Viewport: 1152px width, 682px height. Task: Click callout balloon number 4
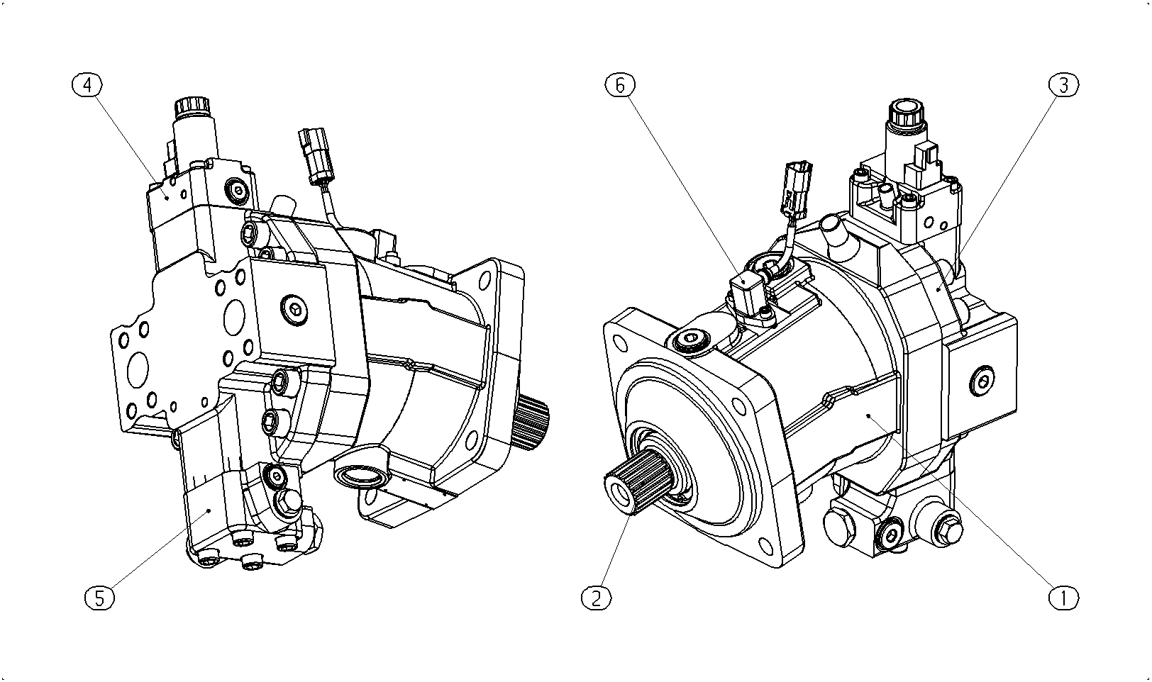tap(87, 85)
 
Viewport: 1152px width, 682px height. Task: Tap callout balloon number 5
tap(100, 598)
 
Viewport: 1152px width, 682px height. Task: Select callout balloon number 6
tap(620, 85)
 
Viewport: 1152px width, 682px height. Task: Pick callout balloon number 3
tap(1063, 85)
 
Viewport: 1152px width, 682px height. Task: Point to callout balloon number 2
tap(596, 598)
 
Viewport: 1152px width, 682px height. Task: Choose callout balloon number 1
tap(1063, 598)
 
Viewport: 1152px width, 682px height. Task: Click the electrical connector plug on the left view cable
tap(315, 156)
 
